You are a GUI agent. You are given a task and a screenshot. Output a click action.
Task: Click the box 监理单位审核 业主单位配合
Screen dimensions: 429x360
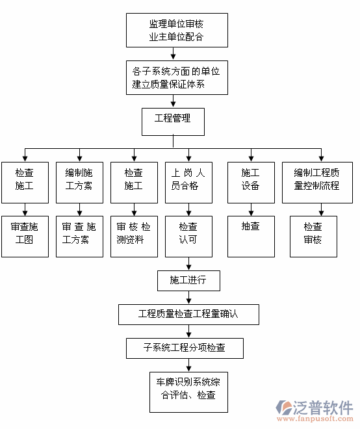[x=176, y=31]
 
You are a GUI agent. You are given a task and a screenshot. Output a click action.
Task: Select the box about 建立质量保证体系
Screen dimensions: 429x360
[x=176, y=77]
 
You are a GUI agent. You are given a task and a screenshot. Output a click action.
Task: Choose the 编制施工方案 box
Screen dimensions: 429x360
[x=79, y=180]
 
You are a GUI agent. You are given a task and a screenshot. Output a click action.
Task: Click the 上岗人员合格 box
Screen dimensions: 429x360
[x=188, y=180]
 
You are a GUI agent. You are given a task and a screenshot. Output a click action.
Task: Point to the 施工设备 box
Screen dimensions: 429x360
[x=250, y=180]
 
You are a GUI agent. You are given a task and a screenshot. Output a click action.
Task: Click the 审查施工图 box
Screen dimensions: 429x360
[x=25, y=233]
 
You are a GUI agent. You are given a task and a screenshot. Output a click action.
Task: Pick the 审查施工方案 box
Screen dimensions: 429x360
[x=79, y=233]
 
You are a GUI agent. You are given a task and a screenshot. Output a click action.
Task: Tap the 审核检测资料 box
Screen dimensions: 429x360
[x=134, y=233]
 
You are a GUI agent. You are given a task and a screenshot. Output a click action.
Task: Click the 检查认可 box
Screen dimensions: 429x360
[x=188, y=233]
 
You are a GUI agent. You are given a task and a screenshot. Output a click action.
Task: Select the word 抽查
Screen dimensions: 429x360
[x=250, y=226]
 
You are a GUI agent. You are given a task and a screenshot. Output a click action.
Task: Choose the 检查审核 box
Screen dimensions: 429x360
[x=313, y=233]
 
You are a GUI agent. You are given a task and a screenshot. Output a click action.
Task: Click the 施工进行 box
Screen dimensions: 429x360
[x=188, y=280]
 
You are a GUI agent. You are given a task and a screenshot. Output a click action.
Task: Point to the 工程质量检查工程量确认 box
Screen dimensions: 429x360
[x=188, y=314]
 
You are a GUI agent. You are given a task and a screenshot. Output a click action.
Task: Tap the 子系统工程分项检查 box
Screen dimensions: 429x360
[x=185, y=347]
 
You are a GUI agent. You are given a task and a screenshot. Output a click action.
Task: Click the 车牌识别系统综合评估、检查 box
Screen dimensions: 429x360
[x=188, y=389]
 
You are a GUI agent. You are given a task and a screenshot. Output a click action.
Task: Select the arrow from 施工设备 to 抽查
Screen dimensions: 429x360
[x=250, y=208]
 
